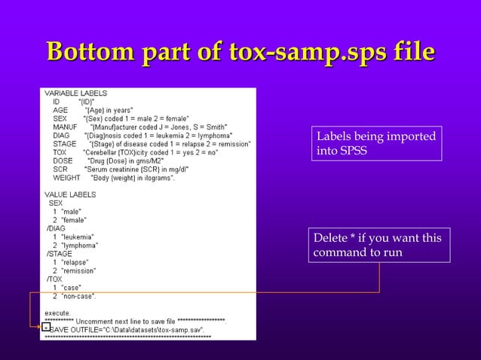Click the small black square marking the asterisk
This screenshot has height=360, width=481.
tap(45, 328)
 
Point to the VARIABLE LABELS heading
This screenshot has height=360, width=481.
tap(75, 93)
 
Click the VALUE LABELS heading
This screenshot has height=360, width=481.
tap(70, 194)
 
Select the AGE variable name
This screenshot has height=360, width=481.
tap(60, 110)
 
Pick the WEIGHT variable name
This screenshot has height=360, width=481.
tap(66, 178)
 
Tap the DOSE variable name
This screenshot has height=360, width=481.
tap(63, 160)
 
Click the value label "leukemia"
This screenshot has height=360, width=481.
tap(81, 237)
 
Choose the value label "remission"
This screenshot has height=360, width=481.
tap(82, 271)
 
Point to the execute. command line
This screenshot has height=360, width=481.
tap(58, 313)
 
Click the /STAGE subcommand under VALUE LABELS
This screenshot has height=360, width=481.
tap(60, 254)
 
